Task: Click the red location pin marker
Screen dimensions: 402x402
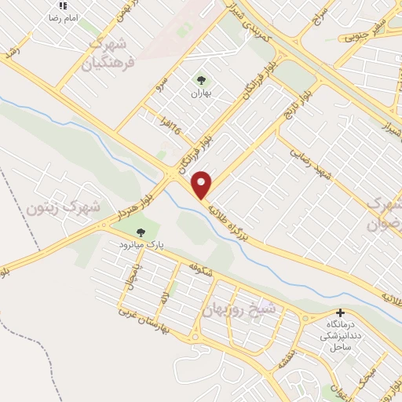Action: tap(202, 185)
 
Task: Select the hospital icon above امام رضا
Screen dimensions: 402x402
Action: tap(62, 5)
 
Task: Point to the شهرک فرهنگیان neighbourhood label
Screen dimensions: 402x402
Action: tap(113, 50)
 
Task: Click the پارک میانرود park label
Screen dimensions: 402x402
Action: tap(141, 245)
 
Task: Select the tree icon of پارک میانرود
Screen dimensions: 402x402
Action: tap(141, 232)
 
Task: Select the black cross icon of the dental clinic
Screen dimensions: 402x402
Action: tap(339, 312)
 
